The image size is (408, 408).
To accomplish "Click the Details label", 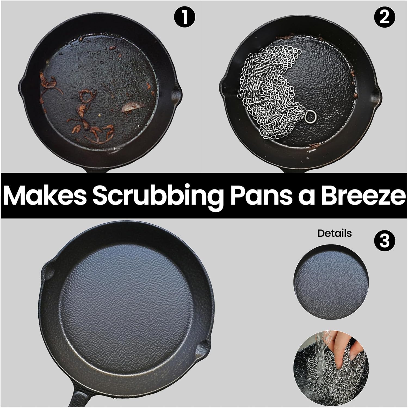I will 335,233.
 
